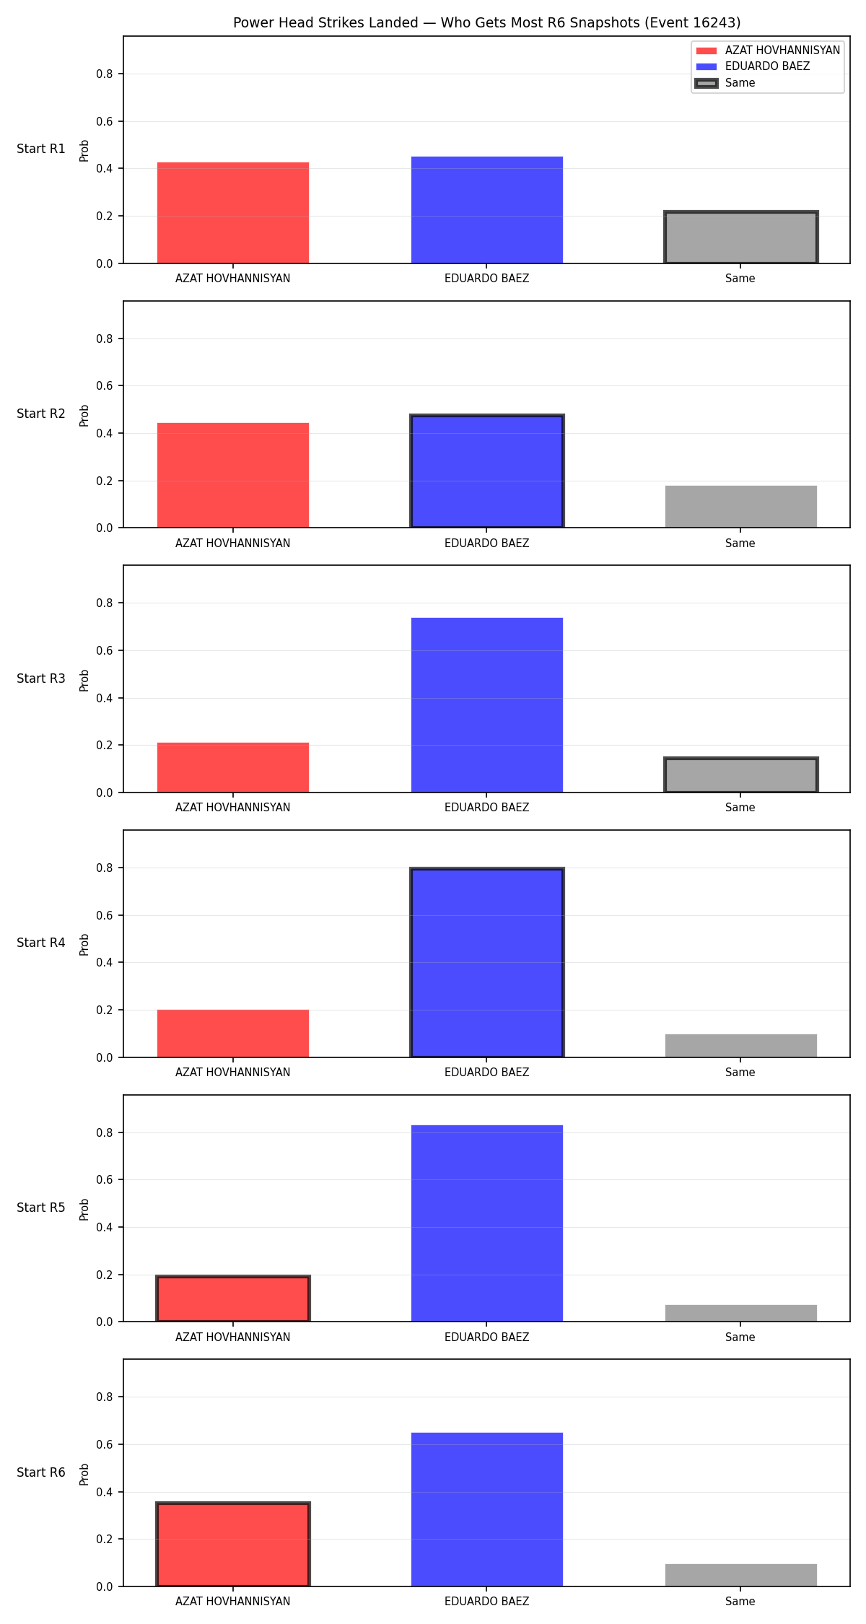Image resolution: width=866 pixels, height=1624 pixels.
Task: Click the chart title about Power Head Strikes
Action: point(486,22)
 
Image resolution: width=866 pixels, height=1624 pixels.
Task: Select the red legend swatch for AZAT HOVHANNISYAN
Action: point(707,51)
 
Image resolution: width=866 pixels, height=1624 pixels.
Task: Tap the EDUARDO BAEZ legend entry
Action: point(767,66)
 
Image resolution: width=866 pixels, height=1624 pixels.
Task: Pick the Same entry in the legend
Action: point(740,83)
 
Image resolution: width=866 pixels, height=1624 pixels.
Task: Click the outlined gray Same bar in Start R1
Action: point(741,237)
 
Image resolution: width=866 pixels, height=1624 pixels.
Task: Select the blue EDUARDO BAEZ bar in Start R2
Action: point(487,471)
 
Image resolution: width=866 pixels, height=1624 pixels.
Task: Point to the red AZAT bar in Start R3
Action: point(233,767)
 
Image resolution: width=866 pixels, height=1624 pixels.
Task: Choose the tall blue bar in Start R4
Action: point(487,963)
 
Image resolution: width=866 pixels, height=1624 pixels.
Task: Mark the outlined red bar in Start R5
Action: point(233,1298)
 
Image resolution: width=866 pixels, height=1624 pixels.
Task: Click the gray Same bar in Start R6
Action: point(741,1575)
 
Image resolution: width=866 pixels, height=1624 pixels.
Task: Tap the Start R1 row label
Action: point(41,149)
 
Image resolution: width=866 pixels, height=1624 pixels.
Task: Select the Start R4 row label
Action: point(41,943)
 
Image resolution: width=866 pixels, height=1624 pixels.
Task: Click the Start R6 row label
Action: point(41,1472)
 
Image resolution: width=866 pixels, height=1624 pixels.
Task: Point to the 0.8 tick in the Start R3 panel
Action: point(105,603)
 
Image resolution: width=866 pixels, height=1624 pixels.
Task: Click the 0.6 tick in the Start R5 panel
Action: point(105,1179)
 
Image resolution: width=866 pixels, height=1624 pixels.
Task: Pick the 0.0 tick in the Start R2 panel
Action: point(105,528)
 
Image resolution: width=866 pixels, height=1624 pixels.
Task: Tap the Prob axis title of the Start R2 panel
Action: point(84,415)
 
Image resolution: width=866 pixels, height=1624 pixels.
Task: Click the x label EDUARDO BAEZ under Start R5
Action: point(487,1337)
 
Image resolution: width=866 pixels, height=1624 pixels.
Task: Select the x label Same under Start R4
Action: point(740,1072)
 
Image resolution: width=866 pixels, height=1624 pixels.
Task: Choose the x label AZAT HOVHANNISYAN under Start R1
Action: point(233,278)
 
